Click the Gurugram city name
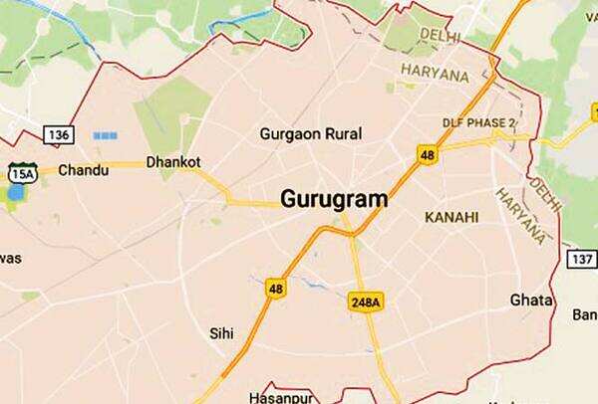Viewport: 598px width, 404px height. click(334, 198)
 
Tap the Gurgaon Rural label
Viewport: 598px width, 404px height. click(310, 133)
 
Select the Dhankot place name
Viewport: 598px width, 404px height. click(173, 161)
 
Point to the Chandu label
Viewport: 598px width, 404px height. click(84, 170)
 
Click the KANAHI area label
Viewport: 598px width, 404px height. click(450, 217)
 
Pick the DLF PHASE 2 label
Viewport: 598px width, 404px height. click(478, 123)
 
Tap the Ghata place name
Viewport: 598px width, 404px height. click(529, 300)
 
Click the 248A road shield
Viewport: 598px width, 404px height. click(365, 301)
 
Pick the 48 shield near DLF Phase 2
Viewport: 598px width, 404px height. click(428, 154)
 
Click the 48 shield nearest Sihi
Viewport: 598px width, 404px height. click(276, 289)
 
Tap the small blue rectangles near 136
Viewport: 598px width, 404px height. click(105, 134)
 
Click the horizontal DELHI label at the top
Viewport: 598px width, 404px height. click(440, 37)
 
